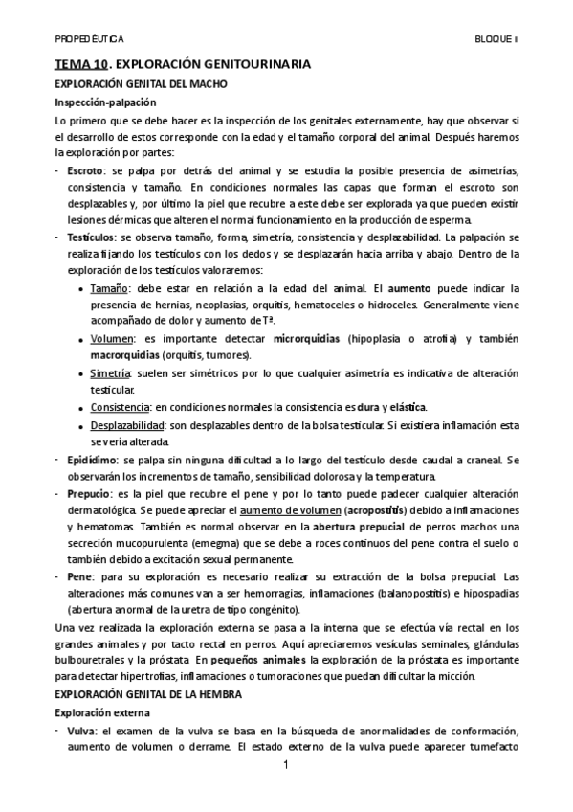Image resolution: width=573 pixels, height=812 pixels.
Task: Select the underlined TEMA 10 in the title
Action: (80, 65)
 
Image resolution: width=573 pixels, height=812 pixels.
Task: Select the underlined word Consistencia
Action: (120, 407)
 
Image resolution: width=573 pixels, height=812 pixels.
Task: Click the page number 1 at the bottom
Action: (286, 767)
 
